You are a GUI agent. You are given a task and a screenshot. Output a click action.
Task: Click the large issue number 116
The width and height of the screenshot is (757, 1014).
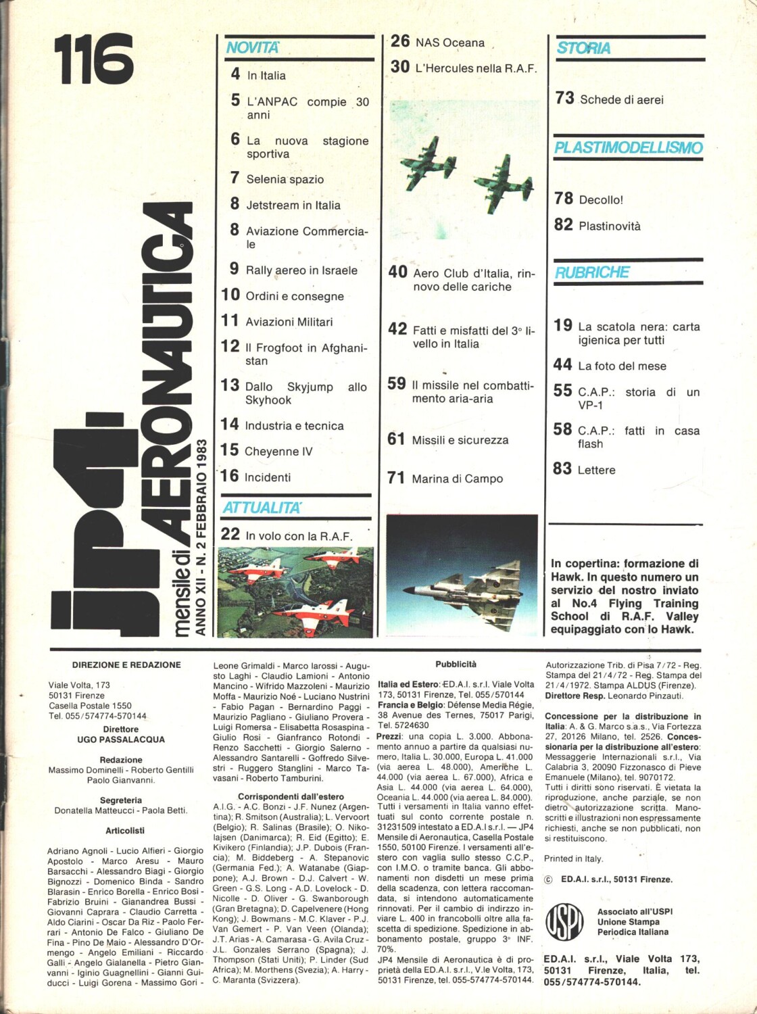94,59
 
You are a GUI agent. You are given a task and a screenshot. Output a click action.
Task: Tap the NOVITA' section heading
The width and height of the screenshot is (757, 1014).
251,47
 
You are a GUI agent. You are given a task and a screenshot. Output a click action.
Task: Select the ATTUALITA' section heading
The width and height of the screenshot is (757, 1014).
262,507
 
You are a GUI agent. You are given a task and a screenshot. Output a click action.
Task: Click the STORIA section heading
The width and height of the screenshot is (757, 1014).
583,48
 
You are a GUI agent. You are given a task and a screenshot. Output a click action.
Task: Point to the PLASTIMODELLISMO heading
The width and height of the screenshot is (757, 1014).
628,147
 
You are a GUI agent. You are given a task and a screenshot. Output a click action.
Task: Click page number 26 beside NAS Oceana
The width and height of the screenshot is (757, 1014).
400,41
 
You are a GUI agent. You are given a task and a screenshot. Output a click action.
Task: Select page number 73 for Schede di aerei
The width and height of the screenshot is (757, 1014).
564,98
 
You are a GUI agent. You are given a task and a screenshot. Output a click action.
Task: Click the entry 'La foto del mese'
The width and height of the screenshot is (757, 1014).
622,366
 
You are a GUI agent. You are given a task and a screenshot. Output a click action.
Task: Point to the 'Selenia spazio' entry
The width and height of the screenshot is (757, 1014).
285,180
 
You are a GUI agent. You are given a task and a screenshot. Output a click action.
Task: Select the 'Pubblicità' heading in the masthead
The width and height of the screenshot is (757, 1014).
456,665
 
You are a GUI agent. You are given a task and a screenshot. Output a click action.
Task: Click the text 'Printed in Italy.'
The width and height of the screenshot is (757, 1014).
573,859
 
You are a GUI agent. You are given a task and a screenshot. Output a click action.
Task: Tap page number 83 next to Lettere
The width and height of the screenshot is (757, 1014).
562,468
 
